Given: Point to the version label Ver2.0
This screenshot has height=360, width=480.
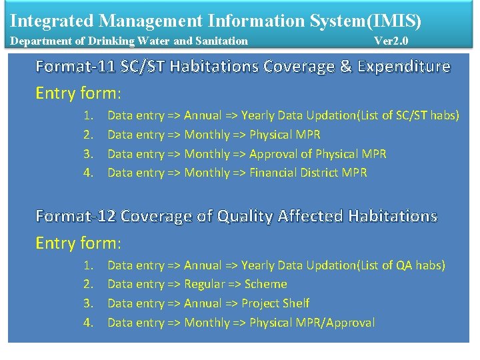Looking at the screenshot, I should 391,41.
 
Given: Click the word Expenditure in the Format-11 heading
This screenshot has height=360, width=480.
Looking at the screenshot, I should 404,67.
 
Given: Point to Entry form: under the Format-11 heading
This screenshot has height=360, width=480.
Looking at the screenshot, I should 78,93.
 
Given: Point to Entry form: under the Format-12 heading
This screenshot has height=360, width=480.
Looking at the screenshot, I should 78,243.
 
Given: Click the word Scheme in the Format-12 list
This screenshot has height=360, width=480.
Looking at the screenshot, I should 265,285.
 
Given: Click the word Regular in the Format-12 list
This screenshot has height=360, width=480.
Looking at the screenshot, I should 205,285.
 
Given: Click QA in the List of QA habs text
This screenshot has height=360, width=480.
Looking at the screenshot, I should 404,266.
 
